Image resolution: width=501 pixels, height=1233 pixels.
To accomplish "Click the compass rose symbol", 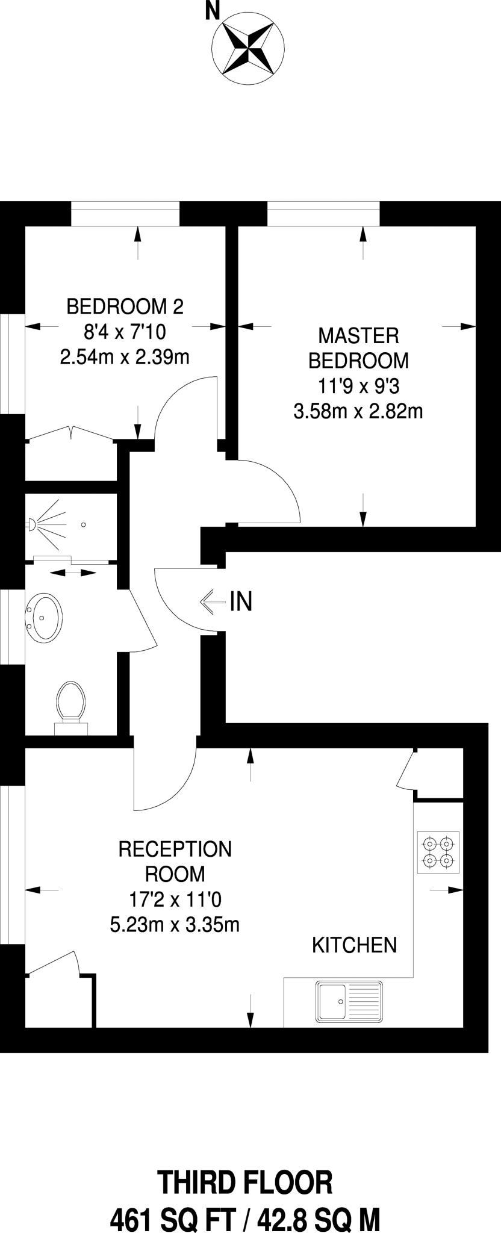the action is [x=248, y=46].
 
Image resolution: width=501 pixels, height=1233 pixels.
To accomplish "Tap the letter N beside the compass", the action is [x=212, y=11].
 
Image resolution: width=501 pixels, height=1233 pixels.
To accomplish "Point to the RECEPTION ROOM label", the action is [x=175, y=861].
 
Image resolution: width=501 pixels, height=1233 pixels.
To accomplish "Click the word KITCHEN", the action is [x=354, y=945].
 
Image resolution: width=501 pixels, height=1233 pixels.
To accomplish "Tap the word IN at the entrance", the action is [x=241, y=601].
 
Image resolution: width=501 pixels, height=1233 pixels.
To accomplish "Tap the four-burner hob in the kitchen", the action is [x=438, y=853].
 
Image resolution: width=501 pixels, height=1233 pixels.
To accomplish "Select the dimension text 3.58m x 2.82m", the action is [x=358, y=412].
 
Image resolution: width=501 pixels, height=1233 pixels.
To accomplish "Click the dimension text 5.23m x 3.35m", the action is [x=175, y=924].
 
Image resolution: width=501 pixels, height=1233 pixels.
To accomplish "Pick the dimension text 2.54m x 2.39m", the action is [x=125, y=357].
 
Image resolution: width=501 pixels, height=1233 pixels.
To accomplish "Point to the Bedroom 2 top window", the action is [x=125, y=214].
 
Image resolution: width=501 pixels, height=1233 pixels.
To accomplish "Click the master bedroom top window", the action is [x=323, y=214].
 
